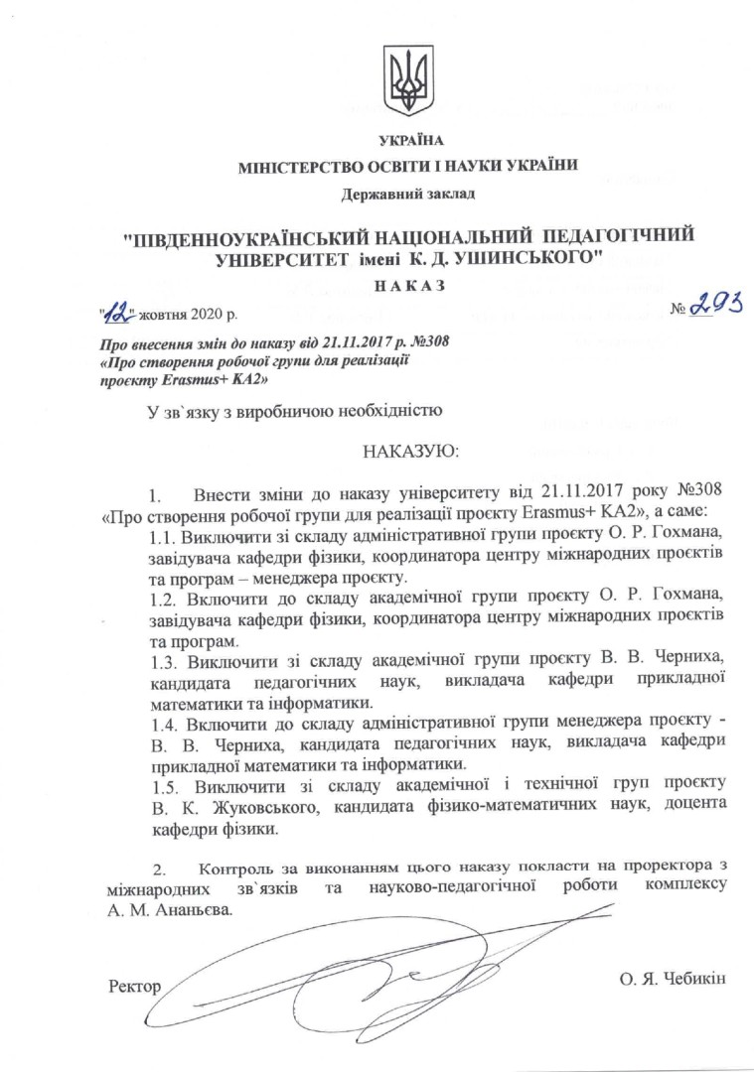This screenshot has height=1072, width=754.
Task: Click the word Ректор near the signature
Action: pyautogui.click(x=133, y=985)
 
